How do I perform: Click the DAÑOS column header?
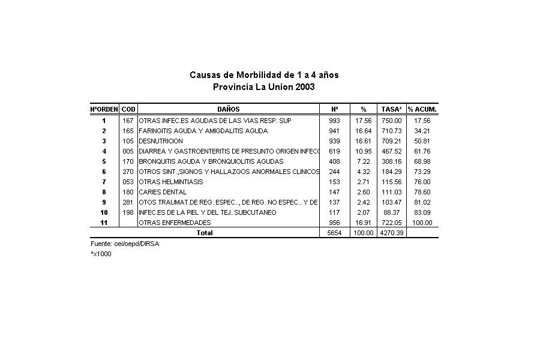coord(228,109)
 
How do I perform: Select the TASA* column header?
coord(392,109)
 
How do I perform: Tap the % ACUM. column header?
coord(422,109)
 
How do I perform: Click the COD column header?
coord(128,109)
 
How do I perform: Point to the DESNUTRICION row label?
coord(161,141)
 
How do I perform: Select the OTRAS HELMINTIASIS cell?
coord(171,182)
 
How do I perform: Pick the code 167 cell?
coord(127,121)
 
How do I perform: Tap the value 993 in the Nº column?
coord(334,121)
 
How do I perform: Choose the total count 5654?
coord(334,233)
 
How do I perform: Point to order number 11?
coord(104,223)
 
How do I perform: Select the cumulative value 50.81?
coord(422,141)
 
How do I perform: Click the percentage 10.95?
coord(364,151)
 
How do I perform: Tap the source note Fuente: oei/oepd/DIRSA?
coord(125,244)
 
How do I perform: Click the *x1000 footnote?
coord(101,254)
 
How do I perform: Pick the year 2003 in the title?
coord(305,87)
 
